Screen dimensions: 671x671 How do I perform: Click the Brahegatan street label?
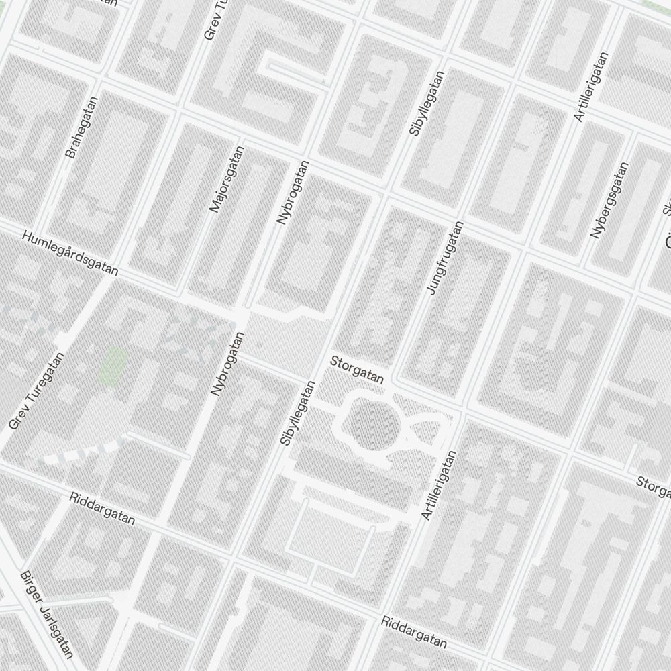pyautogui.click(x=82, y=127)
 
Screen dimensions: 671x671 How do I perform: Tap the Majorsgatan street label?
pyautogui.click(x=227, y=179)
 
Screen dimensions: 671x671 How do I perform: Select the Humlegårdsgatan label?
pyautogui.click(x=70, y=254)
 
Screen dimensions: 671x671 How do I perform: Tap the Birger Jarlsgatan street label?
pyautogui.click(x=47, y=615)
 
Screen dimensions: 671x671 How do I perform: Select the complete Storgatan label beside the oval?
pyautogui.click(x=357, y=370)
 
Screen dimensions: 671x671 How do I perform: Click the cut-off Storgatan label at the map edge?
pyautogui.click(x=654, y=487)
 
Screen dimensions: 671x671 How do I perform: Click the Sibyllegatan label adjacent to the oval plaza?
pyautogui.click(x=297, y=413)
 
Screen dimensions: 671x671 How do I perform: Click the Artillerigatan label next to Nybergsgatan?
pyautogui.click(x=590, y=87)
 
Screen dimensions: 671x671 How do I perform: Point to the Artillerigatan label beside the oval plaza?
pyautogui.click(x=440, y=484)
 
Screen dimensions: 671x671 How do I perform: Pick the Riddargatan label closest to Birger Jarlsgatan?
pyautogui.click(x=102, y=509)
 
